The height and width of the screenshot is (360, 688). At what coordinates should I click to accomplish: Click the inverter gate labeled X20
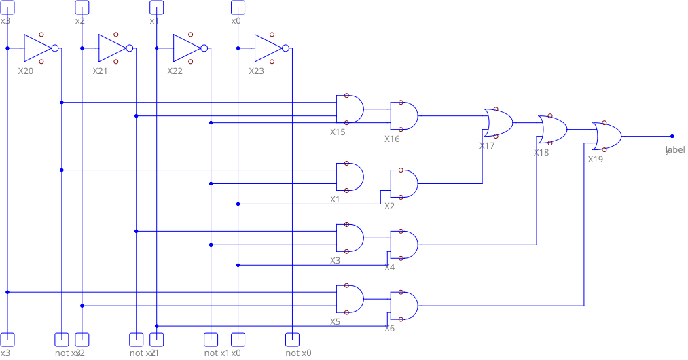click(x=39, y=48)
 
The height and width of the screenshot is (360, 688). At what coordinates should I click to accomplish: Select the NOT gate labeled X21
click(x=114, y=48)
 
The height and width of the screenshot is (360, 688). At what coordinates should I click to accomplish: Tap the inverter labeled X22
click(x=189, y=48)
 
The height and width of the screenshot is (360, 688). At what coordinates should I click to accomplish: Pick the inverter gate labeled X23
click(x=270, y=48)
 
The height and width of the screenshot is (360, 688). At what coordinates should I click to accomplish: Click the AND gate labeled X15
click(x=350, y=109)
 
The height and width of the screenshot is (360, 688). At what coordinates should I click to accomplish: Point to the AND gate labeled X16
click(x=404, y=115)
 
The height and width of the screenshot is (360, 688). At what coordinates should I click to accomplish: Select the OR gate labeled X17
click(x=499, y=122)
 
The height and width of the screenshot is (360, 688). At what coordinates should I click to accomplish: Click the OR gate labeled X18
click(x=553, y=129)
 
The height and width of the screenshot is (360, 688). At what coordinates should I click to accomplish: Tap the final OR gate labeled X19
click(x=607, y=136)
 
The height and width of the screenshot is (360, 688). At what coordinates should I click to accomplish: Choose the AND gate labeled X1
click(x=350, y=177)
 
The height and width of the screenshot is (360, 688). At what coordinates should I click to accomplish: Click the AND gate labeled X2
click(x=404, y=183)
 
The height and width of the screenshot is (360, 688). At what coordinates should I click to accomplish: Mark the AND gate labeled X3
click(x=350, y=238)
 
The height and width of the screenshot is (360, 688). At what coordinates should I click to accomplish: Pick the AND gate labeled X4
click(x=404, y=245)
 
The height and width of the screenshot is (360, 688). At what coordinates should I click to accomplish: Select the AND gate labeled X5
click(x=350, y=299)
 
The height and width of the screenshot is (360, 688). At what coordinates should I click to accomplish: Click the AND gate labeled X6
click(x=404, y=306)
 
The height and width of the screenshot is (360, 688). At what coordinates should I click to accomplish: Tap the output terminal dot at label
click(x=672, y=136)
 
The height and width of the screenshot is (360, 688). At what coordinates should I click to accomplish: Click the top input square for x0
click(x=238, y=7)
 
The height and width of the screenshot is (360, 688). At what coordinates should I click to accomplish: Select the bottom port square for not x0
click(x=293, y=338)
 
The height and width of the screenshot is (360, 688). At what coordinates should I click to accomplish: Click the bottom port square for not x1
click(x=211, y=338)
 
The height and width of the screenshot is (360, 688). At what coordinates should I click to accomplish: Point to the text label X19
click(x=595, y=160)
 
